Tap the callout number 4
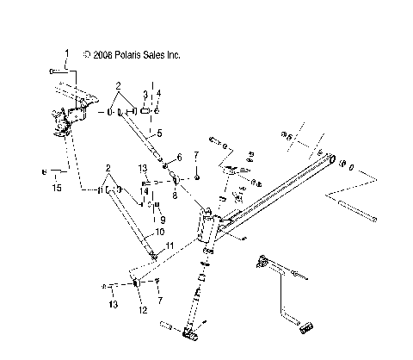[x=157, y=92]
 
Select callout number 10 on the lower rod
[x=159, y=232]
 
